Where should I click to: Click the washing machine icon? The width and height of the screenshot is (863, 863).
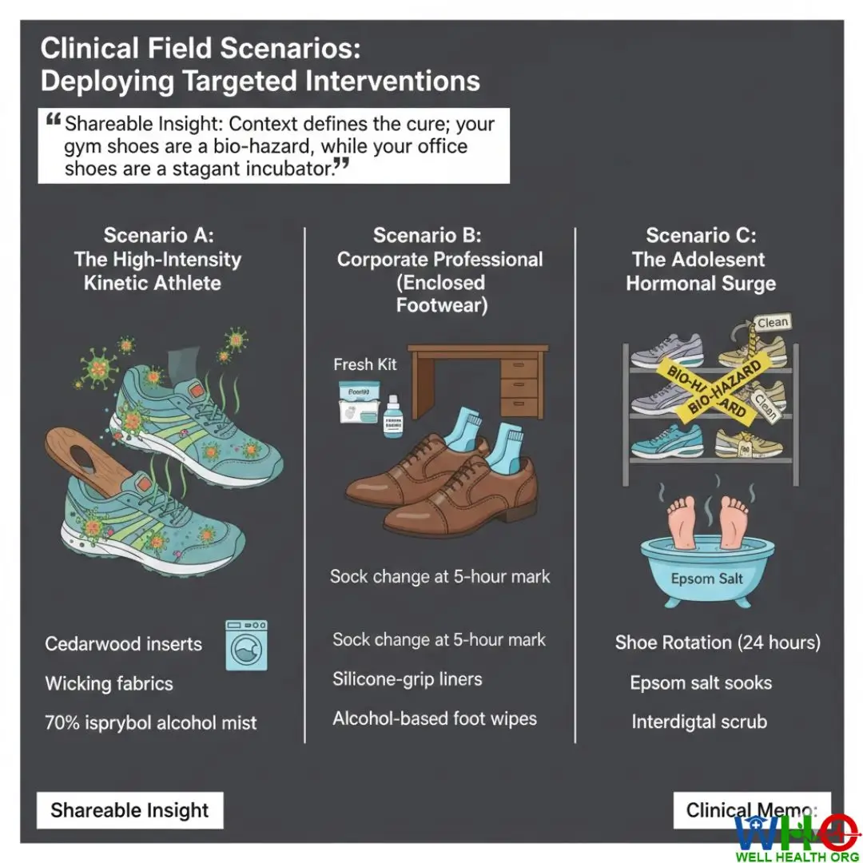click(x=245, y=645)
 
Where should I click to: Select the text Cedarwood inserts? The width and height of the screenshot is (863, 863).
click(x=123, y=644)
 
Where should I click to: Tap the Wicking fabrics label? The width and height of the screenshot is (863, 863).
click(x=109, y=683)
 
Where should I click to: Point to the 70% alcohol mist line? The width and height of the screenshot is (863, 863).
click(x=151, y=723)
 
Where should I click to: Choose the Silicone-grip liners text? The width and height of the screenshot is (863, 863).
click(x=408, y=679)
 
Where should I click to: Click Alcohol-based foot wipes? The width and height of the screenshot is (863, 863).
click(x=435, y=718)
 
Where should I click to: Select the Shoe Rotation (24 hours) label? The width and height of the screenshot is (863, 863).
click(x=718, y=642)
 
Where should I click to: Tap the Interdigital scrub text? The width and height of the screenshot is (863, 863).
click(x=699, y=722)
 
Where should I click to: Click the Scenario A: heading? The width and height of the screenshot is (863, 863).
click(x=158, y=236)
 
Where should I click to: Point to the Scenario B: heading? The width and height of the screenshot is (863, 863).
click(x=428, y=236)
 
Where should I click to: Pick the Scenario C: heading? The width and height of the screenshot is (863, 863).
click(x=701, y=236)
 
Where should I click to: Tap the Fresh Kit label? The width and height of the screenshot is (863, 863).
click(x=365, y=364)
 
